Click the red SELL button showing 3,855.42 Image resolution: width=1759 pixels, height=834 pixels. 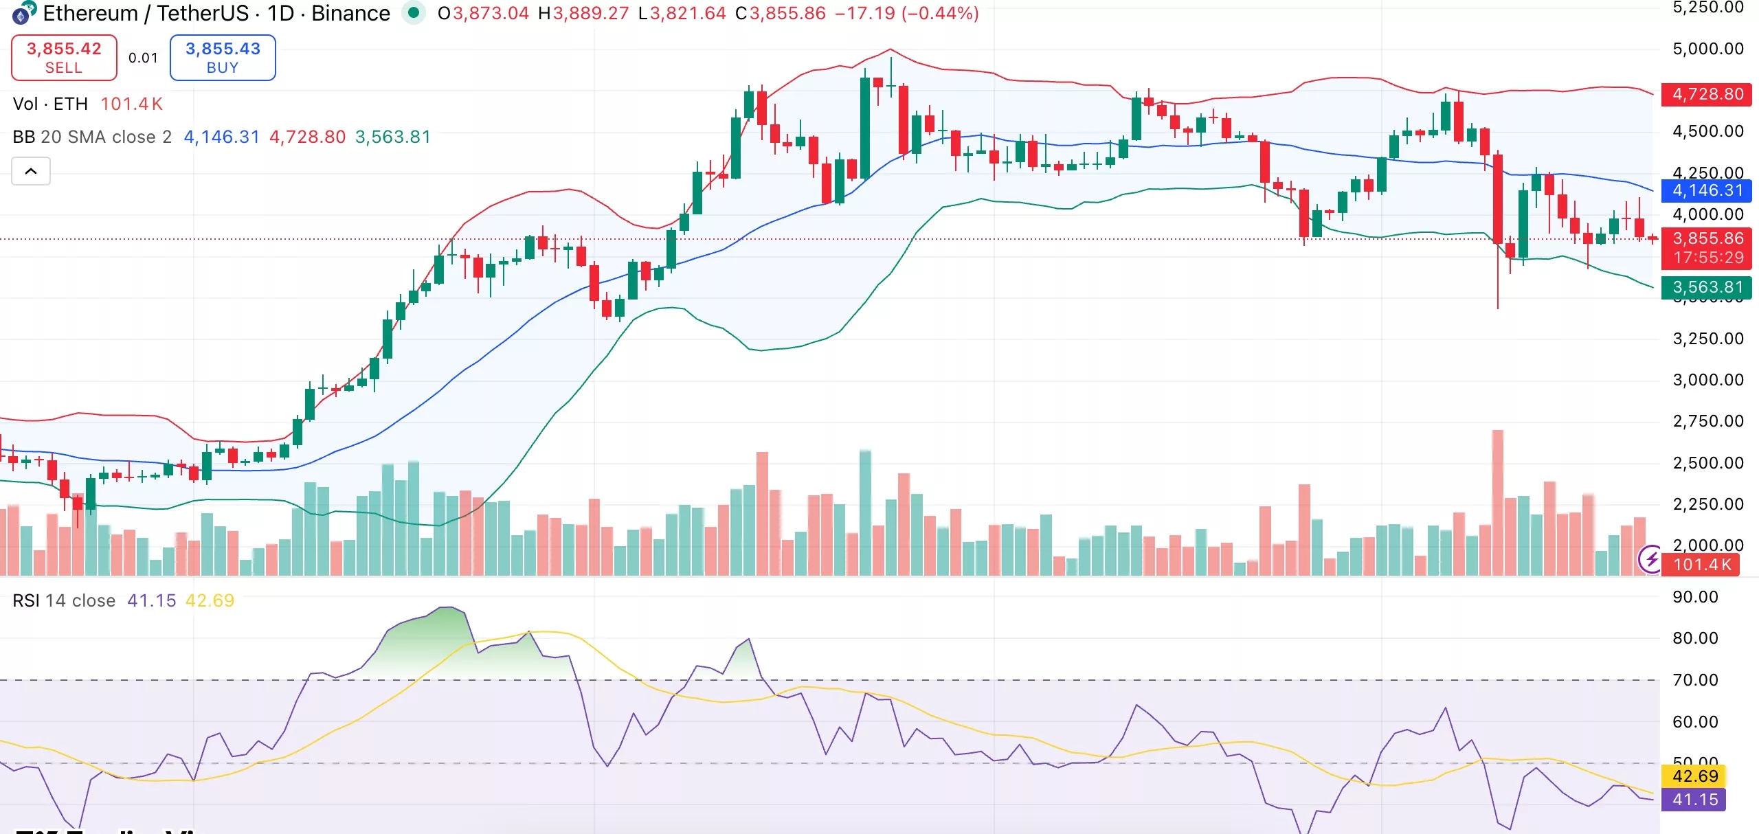point(64,58)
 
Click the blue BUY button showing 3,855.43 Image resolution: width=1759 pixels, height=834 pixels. point(223,58)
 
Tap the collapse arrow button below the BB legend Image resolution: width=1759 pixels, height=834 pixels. point(31,171)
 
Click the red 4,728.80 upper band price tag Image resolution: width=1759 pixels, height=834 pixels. point(1707,94)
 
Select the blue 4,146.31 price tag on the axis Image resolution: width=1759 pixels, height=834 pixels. point(1707,190)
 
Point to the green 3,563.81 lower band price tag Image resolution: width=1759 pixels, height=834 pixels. point(1707,287)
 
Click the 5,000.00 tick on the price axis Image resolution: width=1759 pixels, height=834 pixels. point(1707,49)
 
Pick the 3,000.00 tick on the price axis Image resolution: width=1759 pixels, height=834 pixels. point(1707,380)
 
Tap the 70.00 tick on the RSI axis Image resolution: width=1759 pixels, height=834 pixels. point(1695,680)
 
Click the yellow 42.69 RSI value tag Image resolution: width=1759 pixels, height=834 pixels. point(1694,776)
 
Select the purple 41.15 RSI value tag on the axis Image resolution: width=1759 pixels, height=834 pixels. point(1694,800)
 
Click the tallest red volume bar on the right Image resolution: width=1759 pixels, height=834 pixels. point(1497,501)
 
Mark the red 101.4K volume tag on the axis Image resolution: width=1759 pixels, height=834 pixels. point(1701,565)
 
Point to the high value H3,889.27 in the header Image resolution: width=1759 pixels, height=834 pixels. point(584,13)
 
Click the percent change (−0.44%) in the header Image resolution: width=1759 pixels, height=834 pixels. point(940,13)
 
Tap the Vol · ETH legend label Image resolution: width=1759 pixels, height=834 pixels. point(50,104)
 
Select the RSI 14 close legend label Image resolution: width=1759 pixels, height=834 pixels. point(64,600)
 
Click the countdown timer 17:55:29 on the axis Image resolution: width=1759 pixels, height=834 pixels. point(1708,258)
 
